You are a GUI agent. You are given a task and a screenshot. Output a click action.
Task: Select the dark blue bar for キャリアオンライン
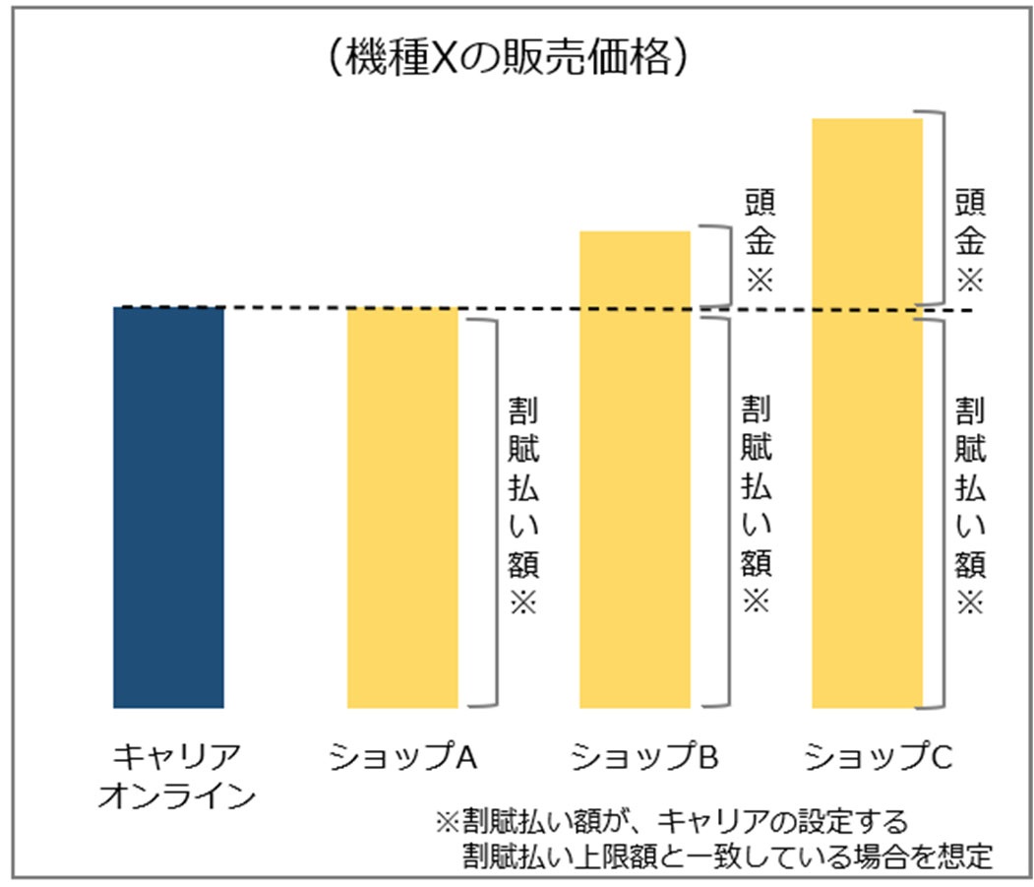pos(168,507)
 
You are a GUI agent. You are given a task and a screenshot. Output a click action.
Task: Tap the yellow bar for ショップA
pos(402,507)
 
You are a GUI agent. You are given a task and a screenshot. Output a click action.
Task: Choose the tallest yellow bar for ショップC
pos(867,412)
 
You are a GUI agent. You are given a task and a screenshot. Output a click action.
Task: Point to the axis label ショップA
pos(403,758)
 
